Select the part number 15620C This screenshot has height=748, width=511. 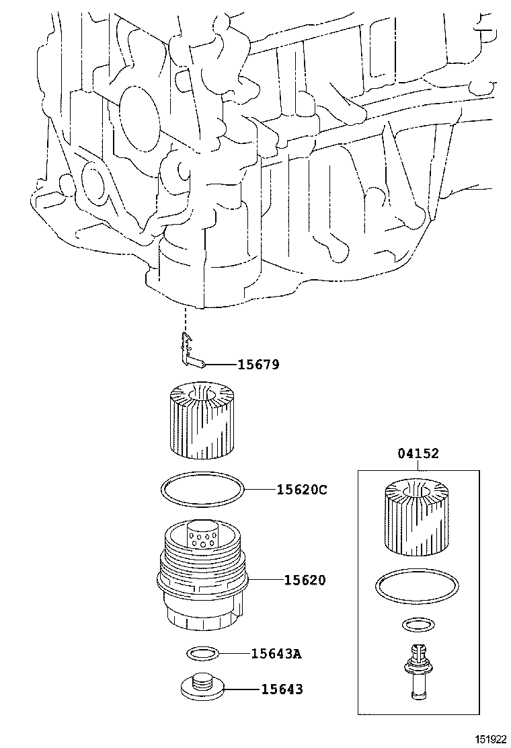tap(301, 490)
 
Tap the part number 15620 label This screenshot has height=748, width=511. tap(304, 579)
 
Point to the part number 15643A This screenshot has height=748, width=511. tap(276, 652)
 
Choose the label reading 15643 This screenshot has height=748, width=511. tap(282, 689)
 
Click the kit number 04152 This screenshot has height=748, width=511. tap(417, 454)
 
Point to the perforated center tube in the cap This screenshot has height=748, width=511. tap(202, 535)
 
